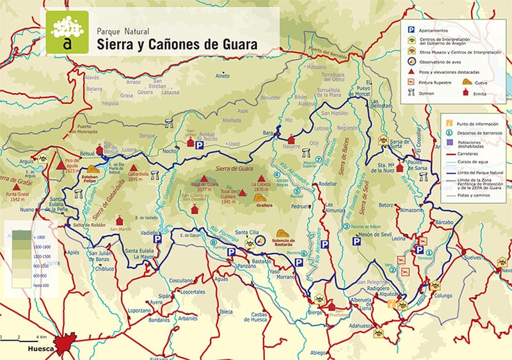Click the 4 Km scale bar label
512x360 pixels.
point(42,336)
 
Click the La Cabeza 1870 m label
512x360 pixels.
point(260,190)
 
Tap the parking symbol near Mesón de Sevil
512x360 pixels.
point(356,241)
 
